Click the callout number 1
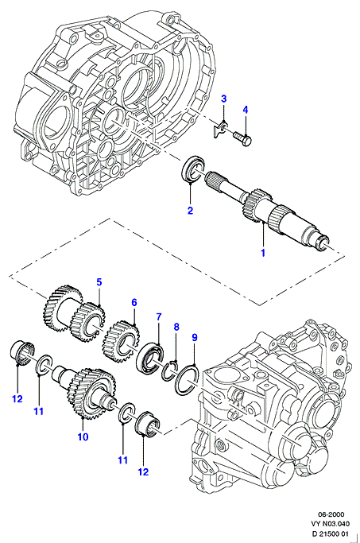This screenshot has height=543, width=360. pyautogui.click(x=263, y=253)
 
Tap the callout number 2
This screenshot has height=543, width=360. pyautogui.click(x=190, y=210)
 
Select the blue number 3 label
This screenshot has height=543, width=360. pyautogui.click(x=223, y=99)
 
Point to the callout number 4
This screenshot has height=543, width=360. pyautogui.click(x=245, y=110)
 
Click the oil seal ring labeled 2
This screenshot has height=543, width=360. pyautogui.click(x=192, y=169)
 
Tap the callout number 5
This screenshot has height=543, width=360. pyautogui.click(x=99, y=282)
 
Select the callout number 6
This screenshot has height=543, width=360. pyautogui.click(x=134, y=302)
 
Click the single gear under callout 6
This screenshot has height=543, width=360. pyautogui.click(x=121, y=341)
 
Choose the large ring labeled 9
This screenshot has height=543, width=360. pyautogui.click(x=187, y=379)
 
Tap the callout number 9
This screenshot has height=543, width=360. pyautogui.click(x=194, y=337)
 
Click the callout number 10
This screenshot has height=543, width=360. pyautogui.click(x=83, y=436)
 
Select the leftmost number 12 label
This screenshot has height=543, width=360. pyautogui.click(x=17, y=399)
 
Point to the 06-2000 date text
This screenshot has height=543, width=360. pyautogui.click(x=331, y=514)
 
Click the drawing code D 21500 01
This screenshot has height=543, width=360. pyautogui.click(x=331, y=533)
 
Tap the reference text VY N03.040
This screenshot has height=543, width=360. pyautogui.click(x=331, y=524)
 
